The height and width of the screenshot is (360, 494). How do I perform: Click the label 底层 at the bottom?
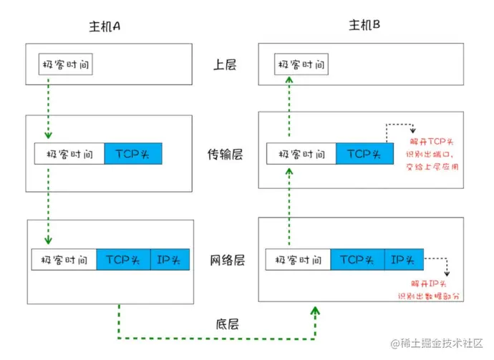click(x=226, y=323)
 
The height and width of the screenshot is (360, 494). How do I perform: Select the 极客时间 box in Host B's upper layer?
click(x=302, y=65)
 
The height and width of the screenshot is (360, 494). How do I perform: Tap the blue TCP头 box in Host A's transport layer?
click(x=133, y=154)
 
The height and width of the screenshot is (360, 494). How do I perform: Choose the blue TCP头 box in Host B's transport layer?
click(x=364, y=154)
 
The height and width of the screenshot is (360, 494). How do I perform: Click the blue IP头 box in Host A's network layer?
click(x=170, y=260)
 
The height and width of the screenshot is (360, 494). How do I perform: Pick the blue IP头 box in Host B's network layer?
click(x=404, y=260)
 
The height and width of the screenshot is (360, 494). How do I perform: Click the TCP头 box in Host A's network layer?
click(x=123, y=260)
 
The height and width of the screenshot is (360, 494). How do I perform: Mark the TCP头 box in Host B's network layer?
click(x=357, y=260)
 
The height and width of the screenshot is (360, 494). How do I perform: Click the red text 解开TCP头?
click(x=431, y=142)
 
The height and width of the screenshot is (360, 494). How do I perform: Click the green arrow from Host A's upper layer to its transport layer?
click(x=47, y=107)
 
